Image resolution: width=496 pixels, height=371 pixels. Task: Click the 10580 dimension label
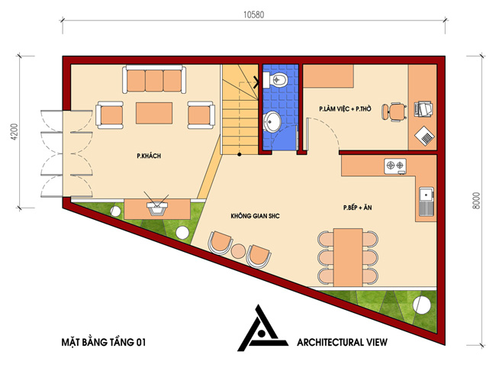click(253, 15)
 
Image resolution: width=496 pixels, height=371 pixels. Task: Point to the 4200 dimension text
click(14, 132)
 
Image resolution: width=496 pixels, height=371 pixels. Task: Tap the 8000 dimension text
click(476, 200)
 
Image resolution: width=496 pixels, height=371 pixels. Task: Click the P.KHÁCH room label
click(149, 156)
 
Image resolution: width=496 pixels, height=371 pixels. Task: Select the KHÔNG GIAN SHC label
click(255, 216)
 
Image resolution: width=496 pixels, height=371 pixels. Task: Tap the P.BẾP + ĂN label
click(357, 208)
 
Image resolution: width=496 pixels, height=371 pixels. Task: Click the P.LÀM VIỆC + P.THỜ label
click(345, 109)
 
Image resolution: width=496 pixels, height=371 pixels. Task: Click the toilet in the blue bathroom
click(275, 79)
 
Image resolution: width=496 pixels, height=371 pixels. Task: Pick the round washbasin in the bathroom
click(272, 121)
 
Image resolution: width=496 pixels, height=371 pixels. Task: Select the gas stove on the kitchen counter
click(395, 166)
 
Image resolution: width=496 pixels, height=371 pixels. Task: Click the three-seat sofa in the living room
click(154, 79)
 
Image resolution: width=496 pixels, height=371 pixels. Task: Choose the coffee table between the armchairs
click(154, 113)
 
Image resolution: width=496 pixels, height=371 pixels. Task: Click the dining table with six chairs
click(348, 257)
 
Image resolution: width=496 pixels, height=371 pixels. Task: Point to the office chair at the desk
click(395, 111)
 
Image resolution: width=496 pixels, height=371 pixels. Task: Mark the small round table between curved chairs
click(238, 251)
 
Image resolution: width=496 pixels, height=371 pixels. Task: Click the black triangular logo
click(262, 328)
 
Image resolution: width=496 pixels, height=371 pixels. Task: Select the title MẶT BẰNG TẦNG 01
click(104, 342)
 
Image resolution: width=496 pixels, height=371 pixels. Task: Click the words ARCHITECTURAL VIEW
click(342, 342)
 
